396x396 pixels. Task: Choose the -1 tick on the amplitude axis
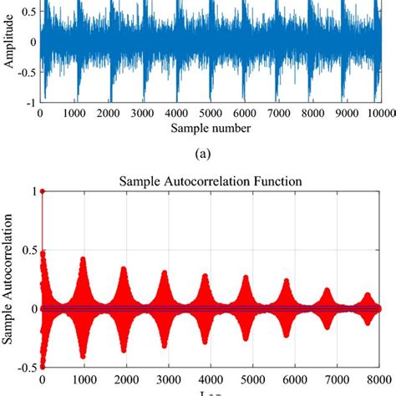click(29, 103)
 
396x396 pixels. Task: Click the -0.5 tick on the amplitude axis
click(24, 72)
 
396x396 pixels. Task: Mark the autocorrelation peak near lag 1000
click(82, 259)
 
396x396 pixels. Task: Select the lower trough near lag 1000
click(82, 357)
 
